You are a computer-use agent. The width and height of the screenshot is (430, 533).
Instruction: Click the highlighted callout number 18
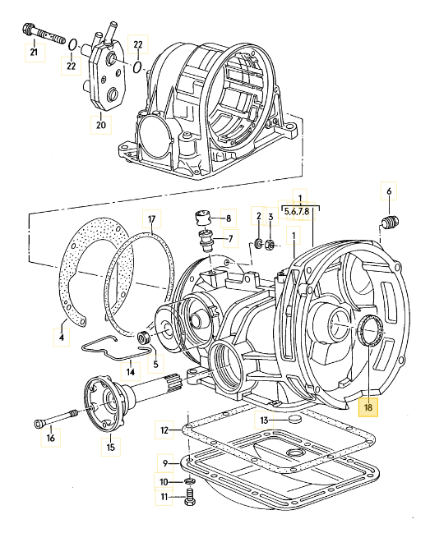tap(368, 407)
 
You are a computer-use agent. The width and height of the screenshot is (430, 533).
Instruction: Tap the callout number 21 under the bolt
tap(34, 52)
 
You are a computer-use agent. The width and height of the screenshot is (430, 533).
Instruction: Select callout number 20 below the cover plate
tap(101, 125)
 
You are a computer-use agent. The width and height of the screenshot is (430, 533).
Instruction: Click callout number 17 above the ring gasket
tap(152, 219)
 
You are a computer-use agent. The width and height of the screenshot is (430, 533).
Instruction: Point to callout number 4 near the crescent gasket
tap(62, 338)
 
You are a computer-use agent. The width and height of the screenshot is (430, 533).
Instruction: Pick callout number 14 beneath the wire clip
tap(131, 371)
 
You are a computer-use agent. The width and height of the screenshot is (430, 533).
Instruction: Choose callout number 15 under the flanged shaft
tap(111, 447)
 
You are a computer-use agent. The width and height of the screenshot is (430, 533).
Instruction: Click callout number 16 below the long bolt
tap(51, 438)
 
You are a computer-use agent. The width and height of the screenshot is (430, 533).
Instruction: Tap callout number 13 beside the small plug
tap(264, 420)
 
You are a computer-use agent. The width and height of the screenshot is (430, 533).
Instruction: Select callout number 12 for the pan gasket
tap(164, 430)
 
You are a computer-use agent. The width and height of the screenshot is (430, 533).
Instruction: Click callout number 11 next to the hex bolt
tap(164, 497)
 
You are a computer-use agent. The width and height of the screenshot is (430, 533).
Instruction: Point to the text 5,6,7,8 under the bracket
tap(297, 211)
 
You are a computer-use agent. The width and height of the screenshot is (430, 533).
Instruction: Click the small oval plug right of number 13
tap(294, 420)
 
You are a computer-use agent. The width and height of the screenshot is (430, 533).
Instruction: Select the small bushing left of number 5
tap(142, 337)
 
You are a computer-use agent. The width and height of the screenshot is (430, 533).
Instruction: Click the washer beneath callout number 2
tap(258, 243)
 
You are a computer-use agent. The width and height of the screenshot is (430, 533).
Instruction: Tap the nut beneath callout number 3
tap(270, 244)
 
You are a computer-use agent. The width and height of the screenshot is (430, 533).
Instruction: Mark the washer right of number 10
tap(189, 481)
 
